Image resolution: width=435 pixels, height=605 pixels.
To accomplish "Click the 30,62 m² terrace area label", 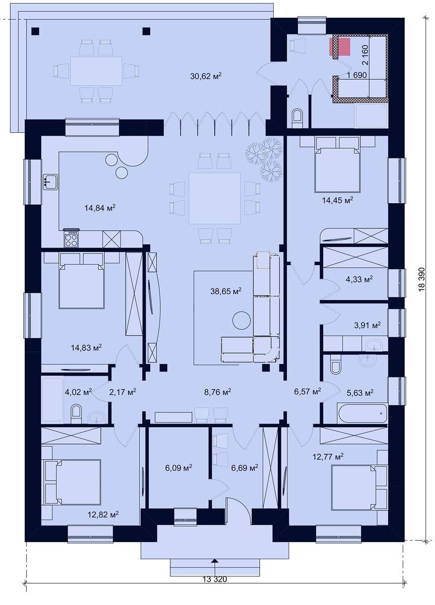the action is [206, 76].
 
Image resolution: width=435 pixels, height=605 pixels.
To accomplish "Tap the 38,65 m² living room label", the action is [226, 291].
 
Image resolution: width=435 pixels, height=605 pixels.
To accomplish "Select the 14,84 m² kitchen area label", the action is [100, 208].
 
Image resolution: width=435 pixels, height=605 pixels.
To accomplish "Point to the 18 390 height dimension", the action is [421, 279].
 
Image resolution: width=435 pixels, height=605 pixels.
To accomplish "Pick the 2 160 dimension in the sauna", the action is [364, 55].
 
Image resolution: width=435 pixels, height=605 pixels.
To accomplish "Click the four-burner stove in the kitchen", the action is [71, 238].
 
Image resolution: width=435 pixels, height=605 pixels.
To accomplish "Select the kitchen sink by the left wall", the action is [50, 182].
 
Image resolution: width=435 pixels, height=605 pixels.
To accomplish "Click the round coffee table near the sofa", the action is [241, 320].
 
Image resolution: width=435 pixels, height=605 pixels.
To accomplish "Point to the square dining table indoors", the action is [214, 198].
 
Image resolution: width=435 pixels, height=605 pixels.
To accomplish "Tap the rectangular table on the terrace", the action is [96, 71].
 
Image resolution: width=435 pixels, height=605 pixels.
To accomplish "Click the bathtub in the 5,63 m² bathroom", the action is [362, 413].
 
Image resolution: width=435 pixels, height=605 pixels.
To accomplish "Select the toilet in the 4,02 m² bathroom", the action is [76, 413].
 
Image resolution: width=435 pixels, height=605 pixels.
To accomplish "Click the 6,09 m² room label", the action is [178, 467].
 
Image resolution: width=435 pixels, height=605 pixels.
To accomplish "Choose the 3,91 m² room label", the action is [367, 325].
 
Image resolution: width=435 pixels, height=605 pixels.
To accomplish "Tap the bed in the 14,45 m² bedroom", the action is [338, 170].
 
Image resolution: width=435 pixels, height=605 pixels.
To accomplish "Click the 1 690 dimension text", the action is [357, 75].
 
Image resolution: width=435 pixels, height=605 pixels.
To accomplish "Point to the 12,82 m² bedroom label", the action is [103, 515].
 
